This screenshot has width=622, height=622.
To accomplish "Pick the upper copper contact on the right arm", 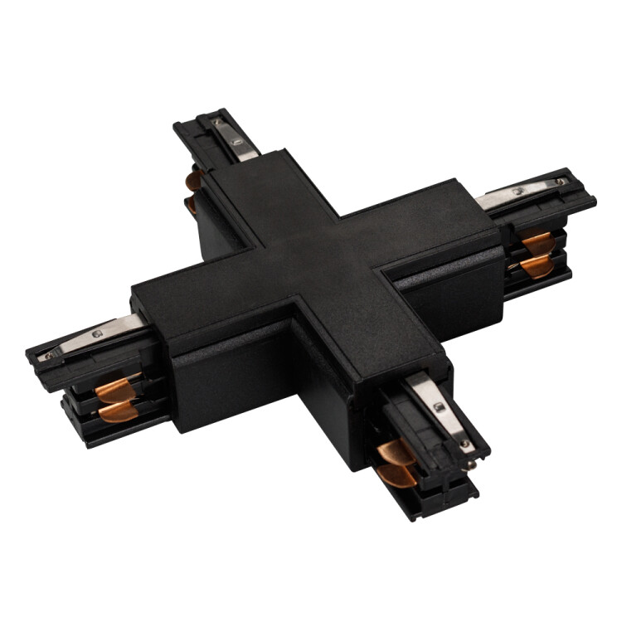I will pyautogui.click(x=537, y=242).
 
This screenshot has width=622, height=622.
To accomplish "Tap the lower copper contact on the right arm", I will pyautogui.click(x=537, y=265).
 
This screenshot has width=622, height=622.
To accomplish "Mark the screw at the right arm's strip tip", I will pyautogui.click(x=562, y=180).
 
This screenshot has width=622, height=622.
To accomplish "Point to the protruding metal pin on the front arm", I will pyautogui.click(x=470, y=465).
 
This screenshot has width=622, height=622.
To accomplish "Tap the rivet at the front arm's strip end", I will pyautogui.click(x=464, y=444).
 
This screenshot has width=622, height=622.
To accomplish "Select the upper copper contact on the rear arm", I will pyautogui.click(x=195, y=179).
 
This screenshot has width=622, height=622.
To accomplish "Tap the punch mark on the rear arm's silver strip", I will pyautogui.click(x=220, y=124).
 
